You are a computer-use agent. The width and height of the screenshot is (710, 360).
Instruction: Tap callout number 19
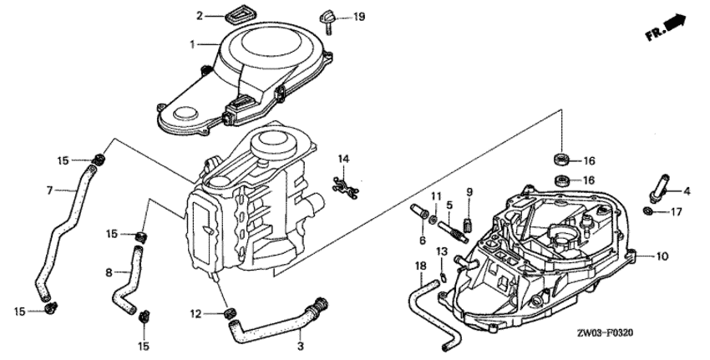pos(359,18)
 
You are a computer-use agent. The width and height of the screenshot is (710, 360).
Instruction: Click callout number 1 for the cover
pos(192,44)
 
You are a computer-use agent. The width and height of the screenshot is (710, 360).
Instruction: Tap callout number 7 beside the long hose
pos(50,190)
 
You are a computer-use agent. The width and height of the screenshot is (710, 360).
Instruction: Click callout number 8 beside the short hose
pos(109,272)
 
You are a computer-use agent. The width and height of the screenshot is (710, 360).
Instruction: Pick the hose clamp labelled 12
pos(231,312)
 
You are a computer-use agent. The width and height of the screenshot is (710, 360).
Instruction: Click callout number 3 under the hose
pos(301,347)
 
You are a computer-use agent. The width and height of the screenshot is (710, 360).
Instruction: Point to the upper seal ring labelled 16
pos(562,159)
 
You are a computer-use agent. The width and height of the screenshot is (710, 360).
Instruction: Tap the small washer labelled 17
pos(647,210)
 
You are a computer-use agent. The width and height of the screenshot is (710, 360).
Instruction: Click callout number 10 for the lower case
pos(662,256)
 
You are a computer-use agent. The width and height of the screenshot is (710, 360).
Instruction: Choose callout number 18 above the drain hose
pos(421,266)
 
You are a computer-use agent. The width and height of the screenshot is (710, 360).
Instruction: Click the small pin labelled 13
pos(444,276)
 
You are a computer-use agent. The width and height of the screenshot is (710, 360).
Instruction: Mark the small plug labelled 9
pos(469,224)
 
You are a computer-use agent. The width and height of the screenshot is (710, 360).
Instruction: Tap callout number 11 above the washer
pos(435,196)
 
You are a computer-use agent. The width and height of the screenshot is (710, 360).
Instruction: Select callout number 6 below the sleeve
pos(423,241)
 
